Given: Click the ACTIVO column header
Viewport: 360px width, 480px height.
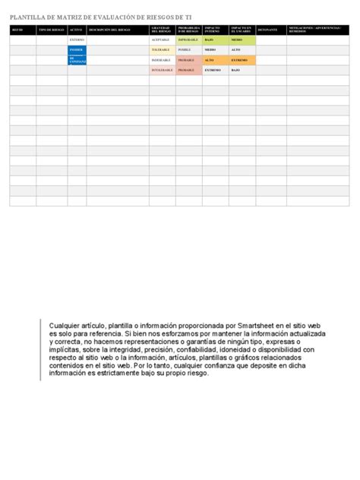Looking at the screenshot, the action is tap(76, 30).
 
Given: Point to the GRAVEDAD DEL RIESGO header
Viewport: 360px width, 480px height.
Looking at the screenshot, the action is tap(160, 30).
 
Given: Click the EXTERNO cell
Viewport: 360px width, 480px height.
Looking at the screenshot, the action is tap(77, 39).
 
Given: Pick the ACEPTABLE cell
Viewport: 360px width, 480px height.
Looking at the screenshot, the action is tap(161, 39).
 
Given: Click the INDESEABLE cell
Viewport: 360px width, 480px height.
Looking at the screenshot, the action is tap(161, 59).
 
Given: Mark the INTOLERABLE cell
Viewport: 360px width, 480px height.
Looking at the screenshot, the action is tap(162, 70).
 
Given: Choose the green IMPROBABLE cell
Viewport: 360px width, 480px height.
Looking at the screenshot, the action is tap(188, 39).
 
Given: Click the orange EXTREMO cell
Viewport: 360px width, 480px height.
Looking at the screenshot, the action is tap(240, 59).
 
